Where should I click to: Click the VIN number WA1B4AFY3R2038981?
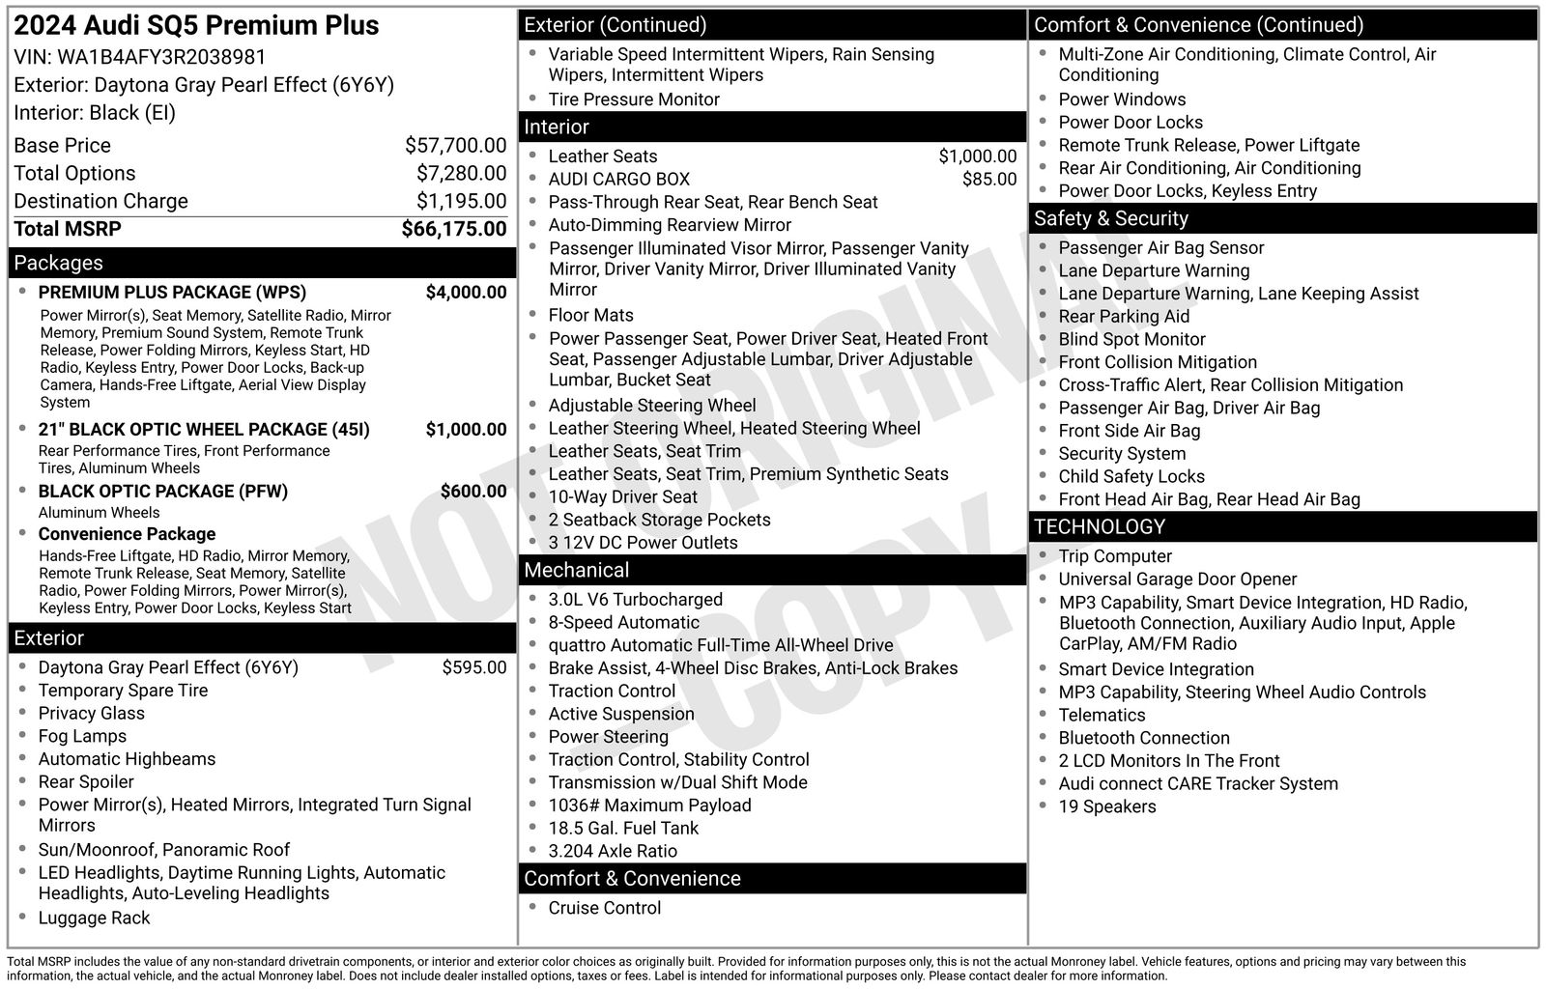pyautogui.click(x=161, y=57)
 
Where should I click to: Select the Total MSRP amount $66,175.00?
pyautogui.click(x=453, y=229)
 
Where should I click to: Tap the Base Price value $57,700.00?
pyautogui.click(x=455, y=146)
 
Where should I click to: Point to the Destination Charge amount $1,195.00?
pyautogui.click(x=461, y=201)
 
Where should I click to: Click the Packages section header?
pyautogui.click(x=58, y=263)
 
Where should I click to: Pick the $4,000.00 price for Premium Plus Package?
pyautogui.click(x=466, y=293)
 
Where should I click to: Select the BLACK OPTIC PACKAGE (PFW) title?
pyautogui.click(x=162, y=492)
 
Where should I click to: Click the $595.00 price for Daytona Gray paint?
pyautogui.click(x=473, y=667)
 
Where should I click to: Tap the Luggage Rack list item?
pyautogui.click(x=94, y=918)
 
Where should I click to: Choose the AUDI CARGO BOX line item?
pyautogui.click(x=618, y=180)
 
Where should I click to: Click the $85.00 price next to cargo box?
pyautogui.click(x=988, y=180)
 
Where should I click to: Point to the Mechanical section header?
pyautogui.click(x=576, y=571)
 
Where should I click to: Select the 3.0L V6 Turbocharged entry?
pyautogui.click(x=635, y=600)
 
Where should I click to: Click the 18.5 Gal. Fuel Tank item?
pyautogui.click(x=623, y=829)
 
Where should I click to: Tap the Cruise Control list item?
pyautogui.click(x=605, y=909)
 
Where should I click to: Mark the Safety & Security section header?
pyautogui.click(x=1110, y=219)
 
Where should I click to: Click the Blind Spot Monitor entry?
pyautogui.click(x=1131, y=340)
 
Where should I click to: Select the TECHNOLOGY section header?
pyautogui.click(x=1100, y=527)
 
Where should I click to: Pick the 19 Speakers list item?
pyautogui.click(x=1106, y=807)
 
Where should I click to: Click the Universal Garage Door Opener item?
pyautogui.click(x=1177, y=579)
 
